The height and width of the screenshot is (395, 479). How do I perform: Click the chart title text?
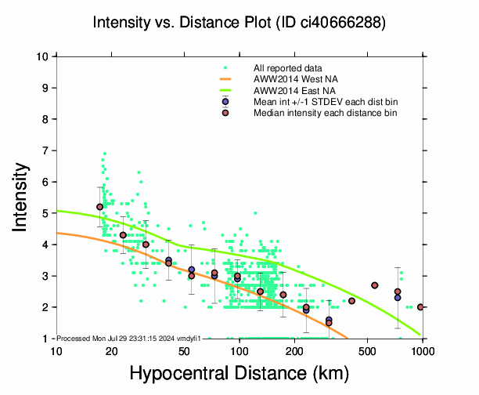click(239, 23)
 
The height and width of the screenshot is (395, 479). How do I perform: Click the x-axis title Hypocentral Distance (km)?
click(239, 375)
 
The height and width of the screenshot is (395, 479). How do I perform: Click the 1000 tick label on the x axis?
click(423, 352)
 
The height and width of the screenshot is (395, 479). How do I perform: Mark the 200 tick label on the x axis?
click(294, 352)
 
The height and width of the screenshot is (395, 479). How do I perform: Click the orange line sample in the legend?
click(225, 79)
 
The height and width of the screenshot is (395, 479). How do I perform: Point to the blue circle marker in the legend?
click(225, 102)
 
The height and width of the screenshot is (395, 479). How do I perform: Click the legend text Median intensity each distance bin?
click(325, 113)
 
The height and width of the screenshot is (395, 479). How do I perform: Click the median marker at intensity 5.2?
click(99, 207)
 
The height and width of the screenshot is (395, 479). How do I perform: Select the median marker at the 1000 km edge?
click(421, 307)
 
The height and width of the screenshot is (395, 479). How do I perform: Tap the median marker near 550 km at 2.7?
click(375, 285)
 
